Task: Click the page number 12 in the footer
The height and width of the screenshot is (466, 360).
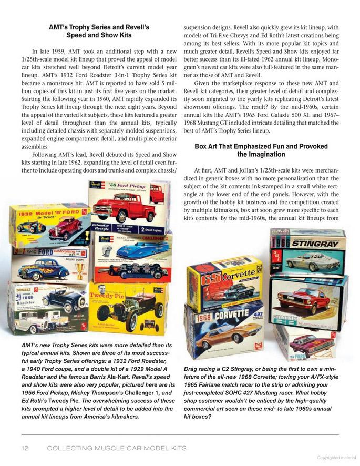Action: coord(24,448)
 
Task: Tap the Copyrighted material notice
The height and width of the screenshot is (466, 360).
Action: coord(336,458)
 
